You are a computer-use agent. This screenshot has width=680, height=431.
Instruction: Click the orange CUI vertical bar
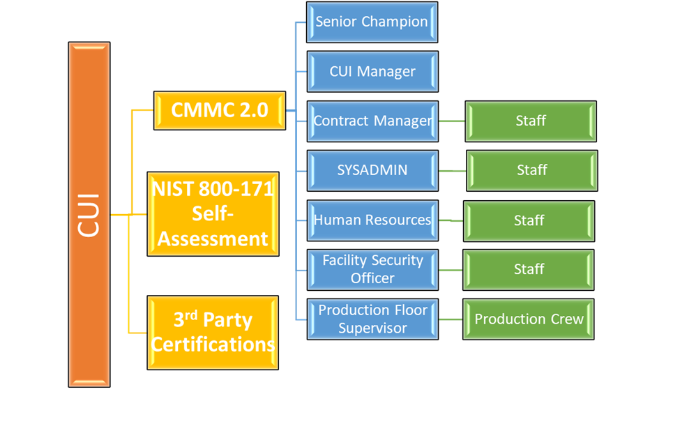click(89, 214)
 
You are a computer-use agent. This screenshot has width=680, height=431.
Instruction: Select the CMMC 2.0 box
click(220, 110)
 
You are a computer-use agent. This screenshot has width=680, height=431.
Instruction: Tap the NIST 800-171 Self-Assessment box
click(213, 213)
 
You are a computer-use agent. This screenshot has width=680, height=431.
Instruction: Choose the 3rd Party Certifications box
click(213, 332)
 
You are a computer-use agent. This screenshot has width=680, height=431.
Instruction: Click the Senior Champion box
click(372, 22)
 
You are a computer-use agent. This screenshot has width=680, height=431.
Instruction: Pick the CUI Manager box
click(372, 71)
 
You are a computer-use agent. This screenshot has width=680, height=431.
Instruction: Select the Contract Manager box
click(372, 121)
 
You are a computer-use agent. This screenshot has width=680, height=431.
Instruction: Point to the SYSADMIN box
click(372, 170)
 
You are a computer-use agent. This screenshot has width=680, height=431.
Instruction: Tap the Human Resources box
click(372, 220)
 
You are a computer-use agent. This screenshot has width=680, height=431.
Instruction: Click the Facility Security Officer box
click(372, 269)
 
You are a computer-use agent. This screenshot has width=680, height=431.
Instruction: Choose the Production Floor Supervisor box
click(372, 319)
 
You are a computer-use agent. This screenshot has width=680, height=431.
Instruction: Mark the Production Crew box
click(529, 319)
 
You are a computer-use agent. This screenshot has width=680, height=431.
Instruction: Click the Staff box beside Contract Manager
click(531, 121)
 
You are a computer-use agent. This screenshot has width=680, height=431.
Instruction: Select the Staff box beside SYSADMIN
click(532, 170)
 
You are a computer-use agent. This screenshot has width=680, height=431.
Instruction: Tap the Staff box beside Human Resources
click(529, 220)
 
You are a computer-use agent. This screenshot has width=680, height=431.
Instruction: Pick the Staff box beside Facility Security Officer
click(529, 269)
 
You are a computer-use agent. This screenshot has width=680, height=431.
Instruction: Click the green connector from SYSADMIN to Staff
click(452, 170)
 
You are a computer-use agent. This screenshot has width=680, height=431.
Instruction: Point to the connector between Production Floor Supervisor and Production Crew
click(451, 319)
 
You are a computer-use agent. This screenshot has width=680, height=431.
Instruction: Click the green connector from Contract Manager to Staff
click(451, 121)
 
